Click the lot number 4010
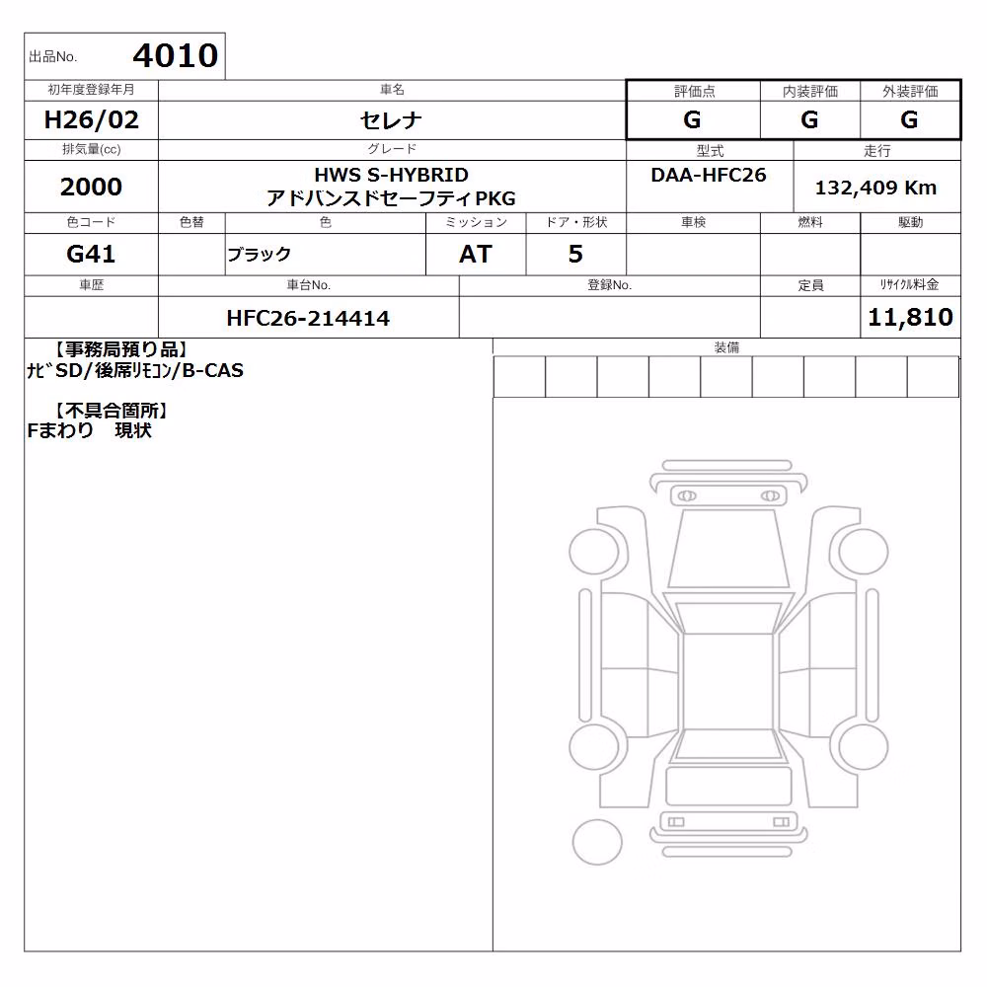[x=175, y=55]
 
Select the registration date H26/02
[x=91, y=119]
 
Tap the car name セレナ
[x=391, y=119]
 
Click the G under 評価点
[x=692, y=119]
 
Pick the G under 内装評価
[x=809, y=119]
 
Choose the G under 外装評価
[x=909, y=119]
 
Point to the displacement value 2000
[x=91, y=187]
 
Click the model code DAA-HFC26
[x=709, y=175]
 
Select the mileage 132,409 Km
[x=875, y=188]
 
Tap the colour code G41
[x=91, y=254]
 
